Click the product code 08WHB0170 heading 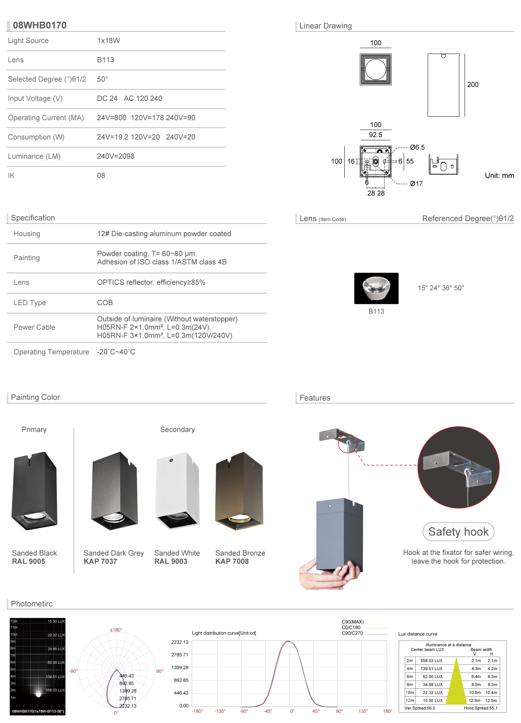pos(39,25)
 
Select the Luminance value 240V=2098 pos(116,156)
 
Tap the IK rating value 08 pos(101,176)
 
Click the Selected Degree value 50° pos(102,79)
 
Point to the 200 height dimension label pos(473,85)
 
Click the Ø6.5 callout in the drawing pos(417,147)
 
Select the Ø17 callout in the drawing pos(416,183)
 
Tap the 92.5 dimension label pos(375,135)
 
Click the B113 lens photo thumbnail pos(376,288)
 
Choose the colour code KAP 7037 pos(100,562)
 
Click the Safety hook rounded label pos(458,532)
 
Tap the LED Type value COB pos(105,303)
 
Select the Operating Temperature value pos(116,352)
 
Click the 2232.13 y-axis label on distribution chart pos(180,642)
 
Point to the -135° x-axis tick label pos(220,711)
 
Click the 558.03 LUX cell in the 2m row pos(431,661)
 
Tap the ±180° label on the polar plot pos(116,630)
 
